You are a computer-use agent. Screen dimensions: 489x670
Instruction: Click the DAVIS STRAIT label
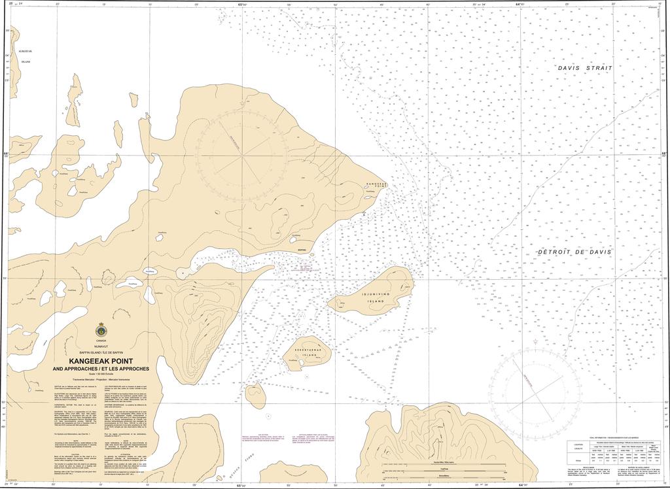coord(585,68)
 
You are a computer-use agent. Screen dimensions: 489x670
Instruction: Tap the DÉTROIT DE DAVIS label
coord(574,252)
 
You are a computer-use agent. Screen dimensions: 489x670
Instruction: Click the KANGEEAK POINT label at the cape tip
coord(377,186)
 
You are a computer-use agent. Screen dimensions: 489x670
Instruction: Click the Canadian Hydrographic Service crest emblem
coord(101,331)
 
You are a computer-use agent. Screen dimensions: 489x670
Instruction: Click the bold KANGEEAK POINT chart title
coord(101,361)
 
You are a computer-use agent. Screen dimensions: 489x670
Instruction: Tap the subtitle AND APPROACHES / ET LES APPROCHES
coord(101,369)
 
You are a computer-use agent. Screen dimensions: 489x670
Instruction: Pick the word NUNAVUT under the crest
coord(101,346)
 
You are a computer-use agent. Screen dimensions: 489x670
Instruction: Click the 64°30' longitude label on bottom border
coord(521,485)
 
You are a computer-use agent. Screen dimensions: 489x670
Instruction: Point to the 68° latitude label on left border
coord(5,154)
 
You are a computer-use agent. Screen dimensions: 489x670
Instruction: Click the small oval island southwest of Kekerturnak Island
coord(255,394)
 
